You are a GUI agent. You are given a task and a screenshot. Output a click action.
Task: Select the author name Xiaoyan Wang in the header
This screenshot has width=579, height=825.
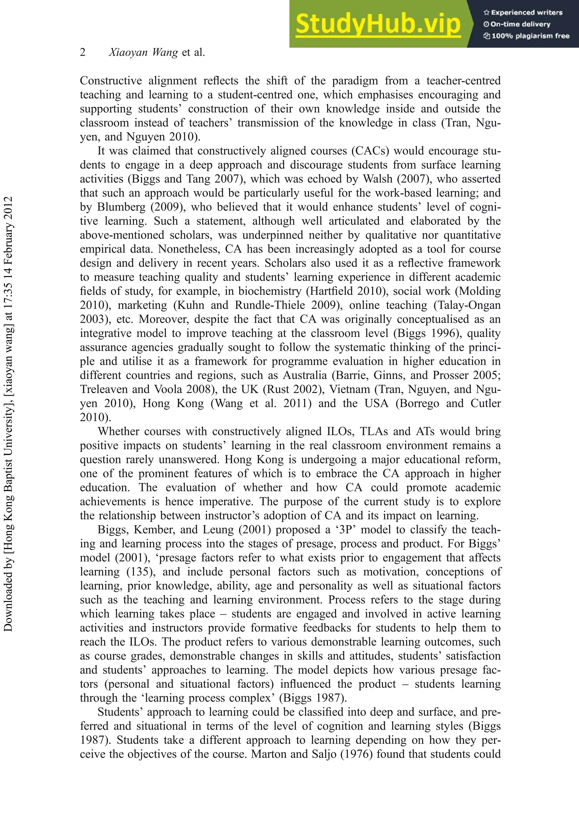pos(143,53)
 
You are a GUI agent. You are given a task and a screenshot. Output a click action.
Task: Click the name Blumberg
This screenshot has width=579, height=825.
pos(121,207)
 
